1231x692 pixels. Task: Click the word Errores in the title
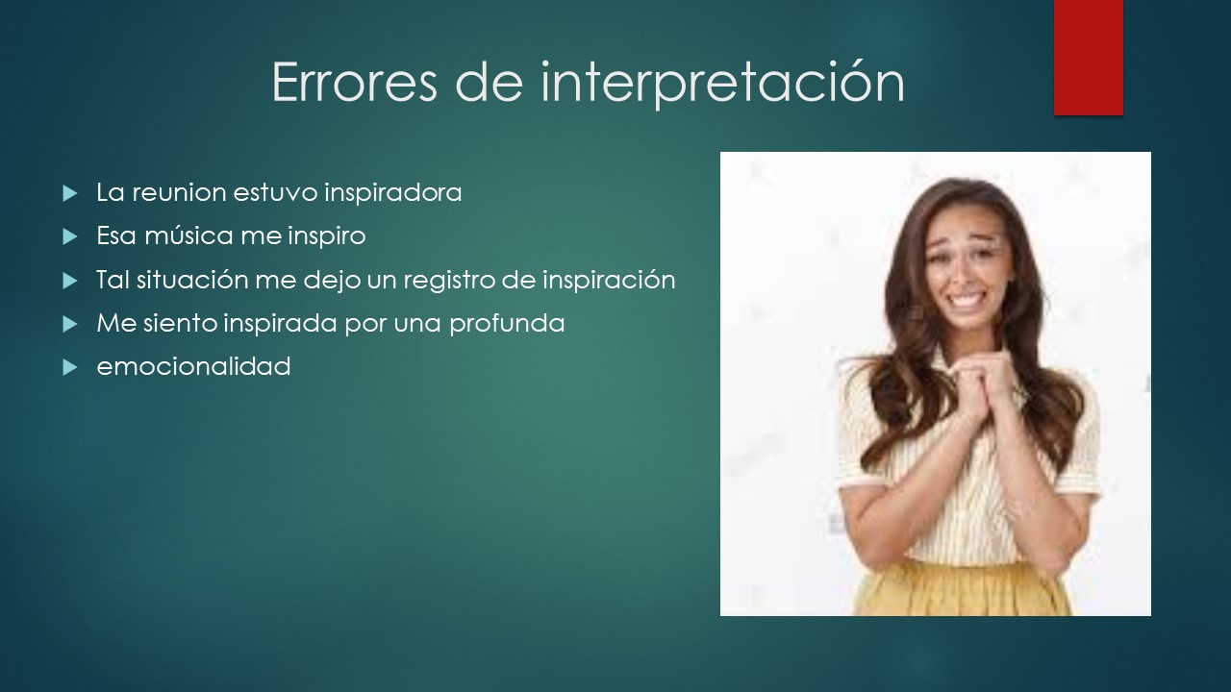[355, 83]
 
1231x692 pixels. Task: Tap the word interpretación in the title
[722, 84]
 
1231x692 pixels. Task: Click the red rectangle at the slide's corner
[1088, 58]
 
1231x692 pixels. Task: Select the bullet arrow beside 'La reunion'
[70, 193]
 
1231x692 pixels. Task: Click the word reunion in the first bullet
[179, 193]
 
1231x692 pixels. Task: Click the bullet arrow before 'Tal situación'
[70, 281]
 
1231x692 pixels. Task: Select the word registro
[449, 281]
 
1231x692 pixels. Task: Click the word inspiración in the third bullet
[609, 281]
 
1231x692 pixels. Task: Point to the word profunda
[507, 324]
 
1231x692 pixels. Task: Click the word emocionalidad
[193, 367]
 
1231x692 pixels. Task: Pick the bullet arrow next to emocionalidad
[70, 367]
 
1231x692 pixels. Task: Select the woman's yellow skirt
[962, 590]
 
